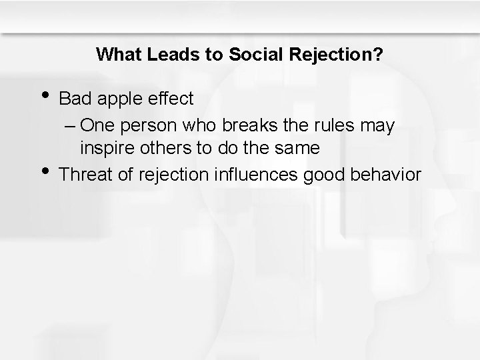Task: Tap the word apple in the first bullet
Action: pos(120,99)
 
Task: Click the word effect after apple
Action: pos(171,99)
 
